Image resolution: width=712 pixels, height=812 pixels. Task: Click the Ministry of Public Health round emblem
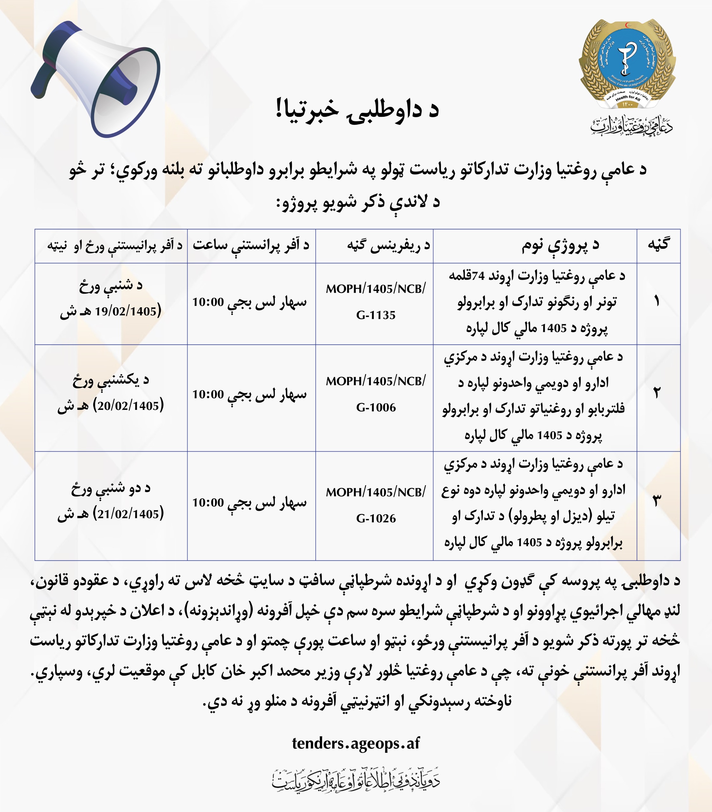click(x=627, y=63)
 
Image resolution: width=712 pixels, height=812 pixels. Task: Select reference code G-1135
click(x=376, y=315)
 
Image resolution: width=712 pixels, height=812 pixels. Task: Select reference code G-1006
click(x=376, y=407)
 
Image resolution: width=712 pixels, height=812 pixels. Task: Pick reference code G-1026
click(x=376, y=518)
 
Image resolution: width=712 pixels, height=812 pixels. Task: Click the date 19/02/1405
click(x=126, y=311)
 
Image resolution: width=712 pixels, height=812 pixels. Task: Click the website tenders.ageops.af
click(x=356, y=743)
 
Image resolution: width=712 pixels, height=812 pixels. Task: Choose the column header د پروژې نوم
click(x=560, y=246)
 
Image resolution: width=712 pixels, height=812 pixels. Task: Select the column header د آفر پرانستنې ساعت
click(x=251, y=246)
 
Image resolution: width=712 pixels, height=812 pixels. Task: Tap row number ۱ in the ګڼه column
click(x=657, y=301)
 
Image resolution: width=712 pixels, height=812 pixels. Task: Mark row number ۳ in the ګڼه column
click(x=657, y=501)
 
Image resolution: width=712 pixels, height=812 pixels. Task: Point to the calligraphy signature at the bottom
click(x=356, y=779)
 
